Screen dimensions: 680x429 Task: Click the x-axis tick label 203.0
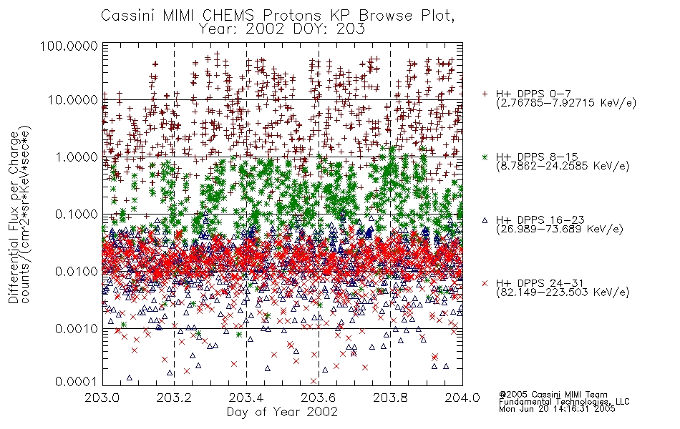[x=102, y=398]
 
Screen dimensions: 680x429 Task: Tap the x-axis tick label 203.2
[x=175, y=398]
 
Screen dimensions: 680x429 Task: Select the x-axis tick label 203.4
[x=246, y=398]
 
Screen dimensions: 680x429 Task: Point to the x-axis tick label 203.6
[x=319, y=398]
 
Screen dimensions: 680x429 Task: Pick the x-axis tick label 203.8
[x=390, y=398]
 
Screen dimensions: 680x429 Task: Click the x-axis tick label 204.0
[x=462, y=398]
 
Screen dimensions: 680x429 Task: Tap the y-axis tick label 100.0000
[x=69, y=46]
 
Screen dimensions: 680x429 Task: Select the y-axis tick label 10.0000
[x=73, y=100]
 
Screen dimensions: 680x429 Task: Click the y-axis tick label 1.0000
[x=77, y=157]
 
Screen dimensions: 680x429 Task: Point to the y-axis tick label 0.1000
[x=77, y=214]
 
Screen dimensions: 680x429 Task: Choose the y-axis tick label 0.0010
[x=77, y=328]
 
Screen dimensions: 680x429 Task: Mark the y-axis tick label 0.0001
[x=77, y=381]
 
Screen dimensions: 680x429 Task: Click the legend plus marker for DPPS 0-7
[x=485, y=94]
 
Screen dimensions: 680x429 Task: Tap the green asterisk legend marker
[x=485, y=157]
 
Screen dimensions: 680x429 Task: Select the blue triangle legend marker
[x=485, y=220]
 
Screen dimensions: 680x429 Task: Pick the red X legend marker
[x=485, y=283]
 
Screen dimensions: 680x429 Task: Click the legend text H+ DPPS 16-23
[x=540, y=220]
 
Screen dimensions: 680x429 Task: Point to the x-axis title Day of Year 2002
[x=282, y=412]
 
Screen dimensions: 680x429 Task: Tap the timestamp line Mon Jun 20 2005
[x=557, y=409]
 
